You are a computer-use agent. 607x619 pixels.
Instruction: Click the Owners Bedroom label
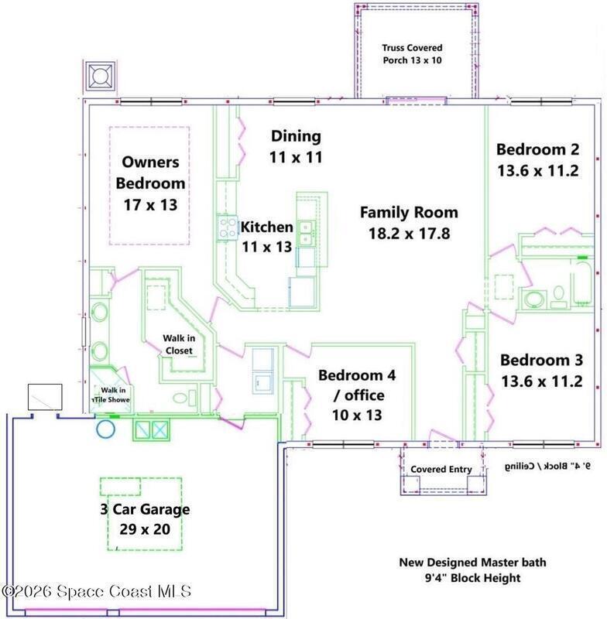tap(150, 183)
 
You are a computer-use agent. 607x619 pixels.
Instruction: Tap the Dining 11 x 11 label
tap(296, 146)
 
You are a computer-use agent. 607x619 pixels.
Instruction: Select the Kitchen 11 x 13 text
tap(267, 237)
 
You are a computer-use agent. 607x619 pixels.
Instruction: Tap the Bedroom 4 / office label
tap(357, 395)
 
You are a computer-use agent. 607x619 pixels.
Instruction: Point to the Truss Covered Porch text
tap(412, 53)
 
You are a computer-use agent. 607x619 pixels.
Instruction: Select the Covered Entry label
tap(441, 469)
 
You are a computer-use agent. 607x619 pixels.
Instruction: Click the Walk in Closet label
tap(179, 344)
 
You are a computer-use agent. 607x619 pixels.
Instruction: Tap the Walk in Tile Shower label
tap(111, 395)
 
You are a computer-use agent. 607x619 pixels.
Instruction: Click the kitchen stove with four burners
tap(228, 228)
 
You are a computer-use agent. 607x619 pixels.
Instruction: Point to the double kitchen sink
tap(306, 234)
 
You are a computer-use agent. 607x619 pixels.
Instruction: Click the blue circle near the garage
tap(105, 429)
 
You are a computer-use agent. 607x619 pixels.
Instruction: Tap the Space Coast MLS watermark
tap(96, 591)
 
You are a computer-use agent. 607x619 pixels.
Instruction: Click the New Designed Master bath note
tap(473, 569)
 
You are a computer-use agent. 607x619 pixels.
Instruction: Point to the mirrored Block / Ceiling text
tap(547, 467)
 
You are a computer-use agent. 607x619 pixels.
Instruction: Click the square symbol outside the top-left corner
tap(100, 76)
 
